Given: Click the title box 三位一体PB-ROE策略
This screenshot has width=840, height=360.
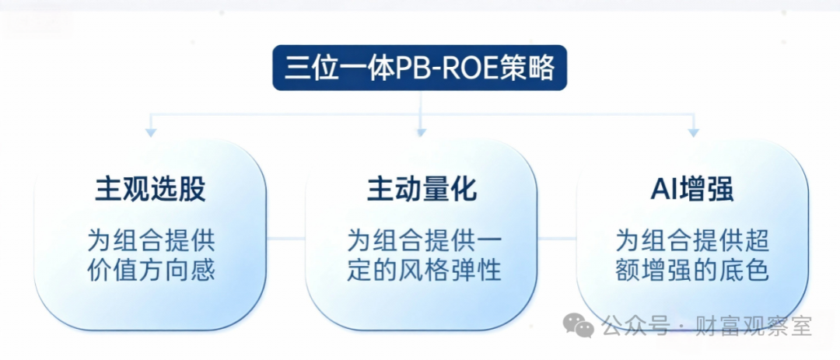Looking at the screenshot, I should click(x=419, y=69).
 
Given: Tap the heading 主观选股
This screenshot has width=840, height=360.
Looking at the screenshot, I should click(x=151, y=189).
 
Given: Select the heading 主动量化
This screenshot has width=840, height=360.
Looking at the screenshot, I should click(x=421, y=189).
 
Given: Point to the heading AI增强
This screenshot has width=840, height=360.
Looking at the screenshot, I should click(x=692, y=189).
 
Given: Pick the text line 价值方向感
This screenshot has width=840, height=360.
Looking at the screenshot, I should click(x=151, y=271).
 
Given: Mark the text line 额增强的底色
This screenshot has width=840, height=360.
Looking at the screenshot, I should click(x=692, y=271).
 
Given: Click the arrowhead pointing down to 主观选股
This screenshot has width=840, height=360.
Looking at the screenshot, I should click(x=151, y=132).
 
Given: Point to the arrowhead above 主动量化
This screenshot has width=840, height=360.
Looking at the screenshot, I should click(x=421, y=132).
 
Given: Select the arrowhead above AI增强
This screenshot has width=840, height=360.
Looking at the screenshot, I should click(x=692, y=132).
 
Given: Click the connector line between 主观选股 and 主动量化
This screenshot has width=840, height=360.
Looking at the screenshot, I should click(x=285, y=239).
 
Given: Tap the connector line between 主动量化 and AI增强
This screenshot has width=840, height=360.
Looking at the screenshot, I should click(x=556, y=239).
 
